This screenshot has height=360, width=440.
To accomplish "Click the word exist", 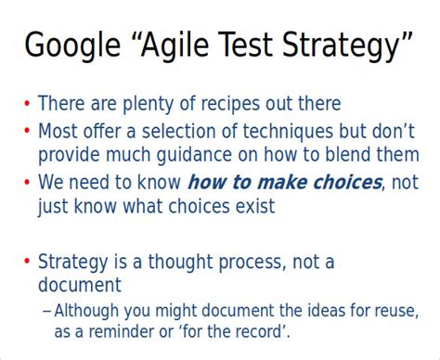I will click(253, 206).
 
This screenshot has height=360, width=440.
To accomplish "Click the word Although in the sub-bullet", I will click(89, 309).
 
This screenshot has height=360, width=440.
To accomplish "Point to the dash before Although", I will click(46, 309).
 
